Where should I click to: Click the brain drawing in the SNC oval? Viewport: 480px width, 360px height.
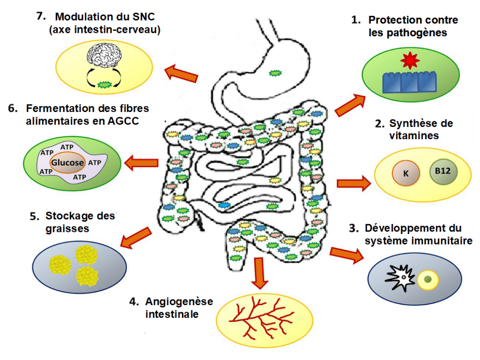click(104, 55)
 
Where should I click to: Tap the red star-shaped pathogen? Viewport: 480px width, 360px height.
click(410, 60)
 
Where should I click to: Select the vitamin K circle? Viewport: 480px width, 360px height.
click(406, 173)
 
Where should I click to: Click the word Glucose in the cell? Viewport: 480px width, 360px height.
click(67, 162)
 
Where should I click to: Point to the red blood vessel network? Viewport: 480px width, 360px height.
click(261, 318)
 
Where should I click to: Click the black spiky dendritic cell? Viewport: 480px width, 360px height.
click(399, 277)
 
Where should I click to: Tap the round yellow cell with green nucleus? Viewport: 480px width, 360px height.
click(427, 279)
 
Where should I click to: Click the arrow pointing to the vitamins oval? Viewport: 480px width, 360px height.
click(354, 183)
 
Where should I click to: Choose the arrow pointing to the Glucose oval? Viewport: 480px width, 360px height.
click(141, 163)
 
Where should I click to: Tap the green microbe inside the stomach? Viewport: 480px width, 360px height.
click(275, 73)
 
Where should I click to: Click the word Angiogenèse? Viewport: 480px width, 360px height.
click(179, 301)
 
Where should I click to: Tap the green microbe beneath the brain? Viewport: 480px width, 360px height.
click(104, 84)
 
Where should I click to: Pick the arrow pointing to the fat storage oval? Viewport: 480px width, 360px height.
click(136, 238)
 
